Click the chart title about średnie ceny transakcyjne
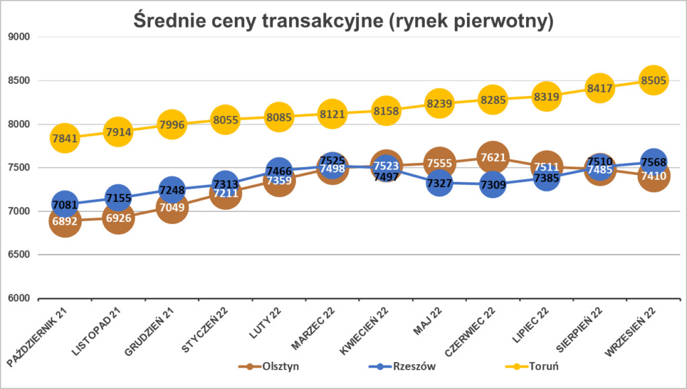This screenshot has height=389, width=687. click(x=343, y=21)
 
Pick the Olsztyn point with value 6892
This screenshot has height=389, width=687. click(x=64, y=221)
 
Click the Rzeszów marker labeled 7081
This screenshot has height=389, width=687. click(x=64, y=204)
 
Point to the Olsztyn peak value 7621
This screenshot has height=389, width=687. click(x=492, y=158)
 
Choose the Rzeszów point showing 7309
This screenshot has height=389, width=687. click(x=492, y=184)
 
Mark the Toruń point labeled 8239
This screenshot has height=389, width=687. click(x=439, y=104)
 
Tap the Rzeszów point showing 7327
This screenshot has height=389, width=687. click(x=439, y=183)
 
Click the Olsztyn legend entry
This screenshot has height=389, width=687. click(x=272, y=367)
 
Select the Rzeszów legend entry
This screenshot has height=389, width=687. click(x=403, y=367)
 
